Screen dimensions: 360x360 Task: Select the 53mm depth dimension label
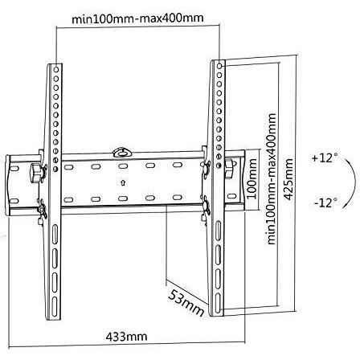[x=186, y=303]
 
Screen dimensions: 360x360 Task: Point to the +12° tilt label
[x=325, y=157]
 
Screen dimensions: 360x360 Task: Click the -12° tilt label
[x=325, y=202]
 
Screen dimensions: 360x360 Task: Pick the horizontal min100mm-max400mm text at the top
[x=137, y=18]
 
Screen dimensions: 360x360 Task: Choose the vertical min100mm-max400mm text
[x=272, y=178]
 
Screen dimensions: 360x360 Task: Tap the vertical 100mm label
[x=252, y=178]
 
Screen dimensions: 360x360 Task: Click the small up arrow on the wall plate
[x=123, y=183]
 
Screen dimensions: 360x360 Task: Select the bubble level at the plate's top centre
[x=122, y=152]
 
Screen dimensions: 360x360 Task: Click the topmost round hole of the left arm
[x=56, y=70]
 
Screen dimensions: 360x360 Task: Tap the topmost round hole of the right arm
[x=219, y=66]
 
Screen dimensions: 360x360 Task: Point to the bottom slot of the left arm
[x=55, y=305]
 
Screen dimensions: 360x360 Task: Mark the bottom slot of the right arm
[x=218, y=301]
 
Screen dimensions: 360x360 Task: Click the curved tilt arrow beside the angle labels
[x=351, y=182]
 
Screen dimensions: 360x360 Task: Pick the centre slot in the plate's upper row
[x=122, y=166]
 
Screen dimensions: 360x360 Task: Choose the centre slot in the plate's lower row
[x=122, y=198]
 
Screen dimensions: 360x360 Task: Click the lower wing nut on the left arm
[x=43, y=210]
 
